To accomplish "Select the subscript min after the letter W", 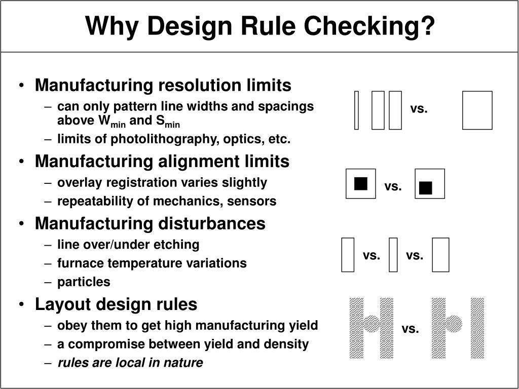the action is pyautogui.click(x=119, y=124).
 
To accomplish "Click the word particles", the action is pyautogui.click(x=84, y=282).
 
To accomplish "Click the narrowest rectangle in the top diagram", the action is pyautogui.click(x=356, y=110).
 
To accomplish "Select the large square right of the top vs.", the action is pyautogui.click(x=477, y=110).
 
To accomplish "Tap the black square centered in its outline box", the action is pyautogui.click(x=361, y=183).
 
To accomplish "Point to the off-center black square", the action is pyautogui.click(x=426, y=188).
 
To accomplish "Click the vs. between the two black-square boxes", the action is pyautogui.click(x=393, y=186).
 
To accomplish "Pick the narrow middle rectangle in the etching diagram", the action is pyautogui.click(x=393, y=255).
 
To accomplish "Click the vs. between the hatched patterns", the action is pyautogui.click(x=410, y=329).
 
